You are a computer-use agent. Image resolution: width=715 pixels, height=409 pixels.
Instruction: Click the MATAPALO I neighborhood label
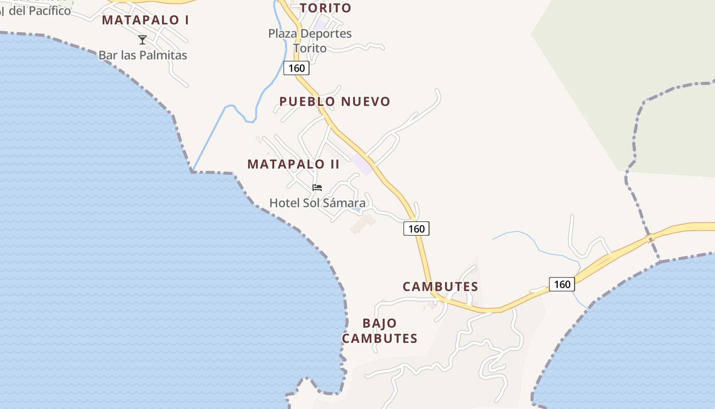[146, 20]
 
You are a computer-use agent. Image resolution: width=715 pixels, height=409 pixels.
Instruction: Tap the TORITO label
[325, 8]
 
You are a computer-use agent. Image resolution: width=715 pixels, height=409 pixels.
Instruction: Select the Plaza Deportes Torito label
[310, 40]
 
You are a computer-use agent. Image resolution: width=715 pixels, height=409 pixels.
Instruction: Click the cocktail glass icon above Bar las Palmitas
[142, 39]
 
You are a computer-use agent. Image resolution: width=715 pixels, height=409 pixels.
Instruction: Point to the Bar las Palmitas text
[143, 55]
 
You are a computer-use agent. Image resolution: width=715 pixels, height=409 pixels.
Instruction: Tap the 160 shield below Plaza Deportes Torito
[296, 68]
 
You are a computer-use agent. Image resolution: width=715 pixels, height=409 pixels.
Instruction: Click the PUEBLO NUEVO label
[335, 101]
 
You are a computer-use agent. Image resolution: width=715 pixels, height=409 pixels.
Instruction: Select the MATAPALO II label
[293, 164]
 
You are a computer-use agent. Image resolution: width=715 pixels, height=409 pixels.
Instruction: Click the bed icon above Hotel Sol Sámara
[317, 188]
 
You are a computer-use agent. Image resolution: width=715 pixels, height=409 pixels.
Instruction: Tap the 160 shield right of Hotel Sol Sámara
[416, 229]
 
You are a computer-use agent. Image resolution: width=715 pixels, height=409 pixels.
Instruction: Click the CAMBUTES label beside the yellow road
[440, 286]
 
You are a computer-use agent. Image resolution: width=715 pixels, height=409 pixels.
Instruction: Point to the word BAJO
[379, 323]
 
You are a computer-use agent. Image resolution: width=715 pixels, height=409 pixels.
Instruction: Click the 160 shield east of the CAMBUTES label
[562, 284]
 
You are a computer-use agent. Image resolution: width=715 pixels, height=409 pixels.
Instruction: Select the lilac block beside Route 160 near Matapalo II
[362, 165]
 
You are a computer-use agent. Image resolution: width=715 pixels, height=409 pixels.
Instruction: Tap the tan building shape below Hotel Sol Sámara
[363, 223]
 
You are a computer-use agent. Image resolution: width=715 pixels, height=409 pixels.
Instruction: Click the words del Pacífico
[40, 10]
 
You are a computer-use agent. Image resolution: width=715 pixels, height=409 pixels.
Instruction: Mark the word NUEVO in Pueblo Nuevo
[365, 101]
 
